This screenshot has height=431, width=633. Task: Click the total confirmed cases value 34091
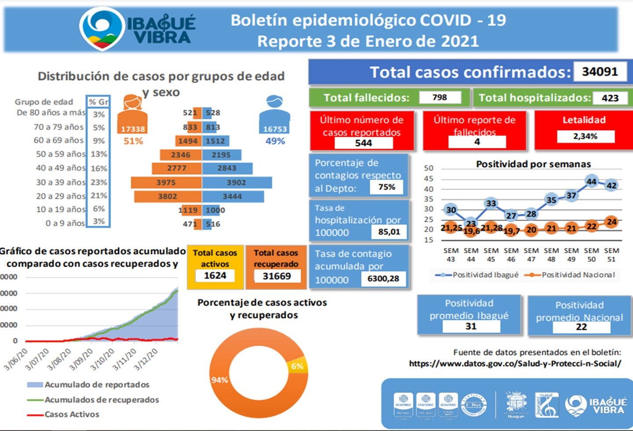click(600, 72)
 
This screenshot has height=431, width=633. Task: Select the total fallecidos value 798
click(440, 97)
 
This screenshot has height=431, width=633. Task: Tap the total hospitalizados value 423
click(610, 98)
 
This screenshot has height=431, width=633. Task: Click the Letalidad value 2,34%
click(585, 136)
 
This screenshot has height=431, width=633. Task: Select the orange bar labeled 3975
click(166, 183)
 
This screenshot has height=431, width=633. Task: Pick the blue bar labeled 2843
click(227, 168)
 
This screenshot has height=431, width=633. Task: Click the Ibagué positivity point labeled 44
click(592, 181)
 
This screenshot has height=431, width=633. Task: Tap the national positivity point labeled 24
click(611, 222)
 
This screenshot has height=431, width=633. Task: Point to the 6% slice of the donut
click(297, 366)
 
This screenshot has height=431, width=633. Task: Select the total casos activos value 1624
click(215, 276)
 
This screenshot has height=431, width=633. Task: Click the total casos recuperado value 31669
click(276, 276)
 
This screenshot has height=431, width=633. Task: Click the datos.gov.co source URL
click(515, 364)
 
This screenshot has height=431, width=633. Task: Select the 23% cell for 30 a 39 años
click(98, 182)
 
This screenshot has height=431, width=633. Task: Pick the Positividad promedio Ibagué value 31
click(471, 326)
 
